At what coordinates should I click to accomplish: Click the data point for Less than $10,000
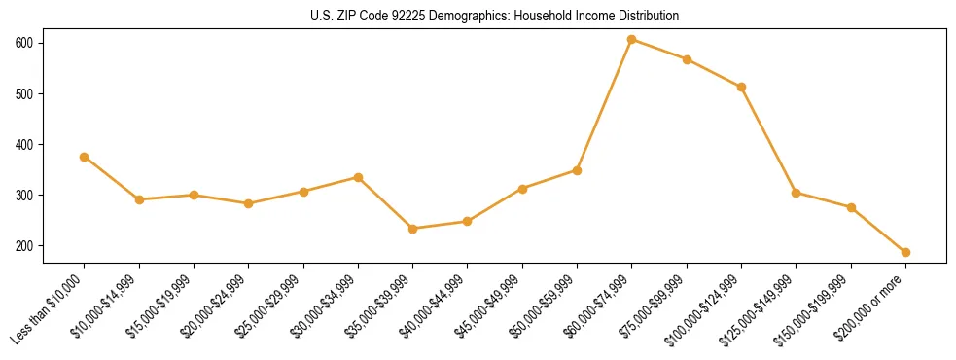85,157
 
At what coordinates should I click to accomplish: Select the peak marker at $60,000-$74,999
632,40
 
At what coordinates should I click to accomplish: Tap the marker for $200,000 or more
905,252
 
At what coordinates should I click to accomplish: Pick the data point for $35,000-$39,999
413,229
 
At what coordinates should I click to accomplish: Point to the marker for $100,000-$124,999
741,87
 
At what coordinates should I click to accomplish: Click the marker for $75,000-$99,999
687,59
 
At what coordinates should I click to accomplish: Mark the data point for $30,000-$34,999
358,177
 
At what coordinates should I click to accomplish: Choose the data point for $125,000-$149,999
797,193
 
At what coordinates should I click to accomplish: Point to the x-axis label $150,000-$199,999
818,307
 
